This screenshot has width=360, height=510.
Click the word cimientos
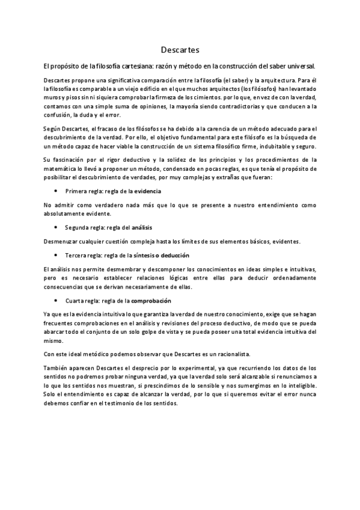point(196,97)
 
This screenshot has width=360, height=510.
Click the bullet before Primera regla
point(55,191)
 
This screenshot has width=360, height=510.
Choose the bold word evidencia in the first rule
point(147,191)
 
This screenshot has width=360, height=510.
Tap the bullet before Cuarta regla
point(55,301)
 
